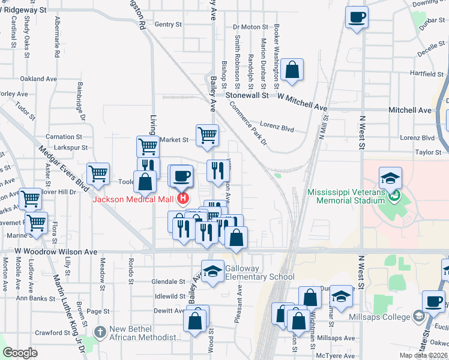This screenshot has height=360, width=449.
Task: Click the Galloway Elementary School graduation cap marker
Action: pos(212,273)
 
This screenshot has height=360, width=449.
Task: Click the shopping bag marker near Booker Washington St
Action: pos(292,70)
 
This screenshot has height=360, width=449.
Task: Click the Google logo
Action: pos(20,353)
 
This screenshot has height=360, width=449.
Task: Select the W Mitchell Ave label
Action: pos(303,102)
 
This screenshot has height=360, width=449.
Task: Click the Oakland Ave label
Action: pos(38,79)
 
